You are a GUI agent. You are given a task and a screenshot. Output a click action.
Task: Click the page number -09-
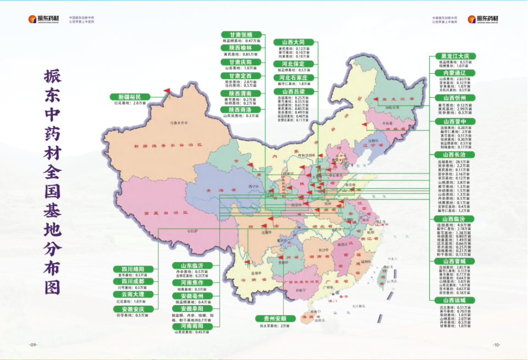point(32,345)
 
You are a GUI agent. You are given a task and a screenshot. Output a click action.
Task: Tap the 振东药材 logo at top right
point(483,19)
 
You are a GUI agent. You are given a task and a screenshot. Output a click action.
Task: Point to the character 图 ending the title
point(55,286)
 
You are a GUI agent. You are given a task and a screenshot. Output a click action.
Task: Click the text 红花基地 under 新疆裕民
point(122,103)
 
